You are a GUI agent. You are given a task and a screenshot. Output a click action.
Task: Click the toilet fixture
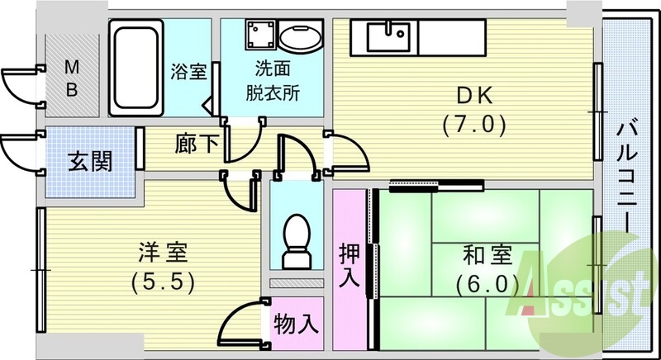295,239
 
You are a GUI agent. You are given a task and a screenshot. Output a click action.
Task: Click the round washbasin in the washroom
297,36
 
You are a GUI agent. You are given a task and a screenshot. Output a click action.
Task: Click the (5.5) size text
162,282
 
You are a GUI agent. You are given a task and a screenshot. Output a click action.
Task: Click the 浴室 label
188,71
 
